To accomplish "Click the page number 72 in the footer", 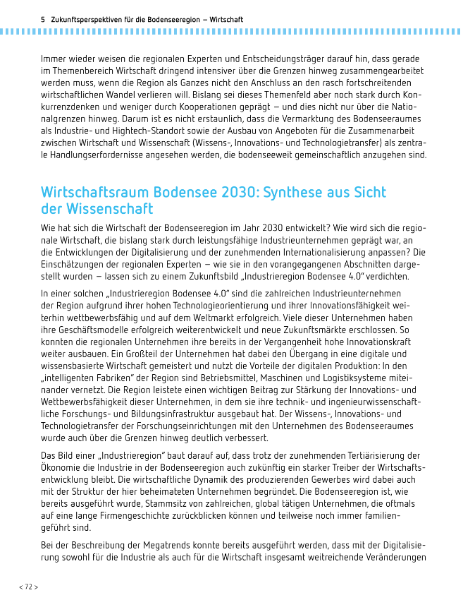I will (x=28, y=587).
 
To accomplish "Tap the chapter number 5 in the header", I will (x=43, y=20).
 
